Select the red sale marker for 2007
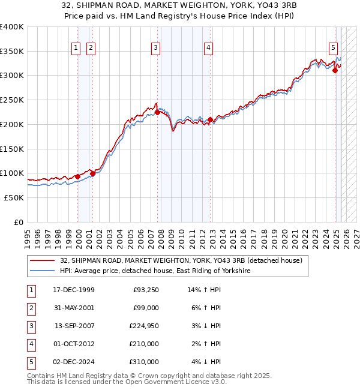tap(157, 112)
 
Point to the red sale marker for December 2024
tap(335, 71)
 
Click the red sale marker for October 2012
tap(210, 119)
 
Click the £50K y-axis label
tap(14, 197)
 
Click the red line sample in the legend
tap(42, 260)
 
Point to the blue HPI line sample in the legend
tap(42, 271)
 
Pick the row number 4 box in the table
tap(30, 344)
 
